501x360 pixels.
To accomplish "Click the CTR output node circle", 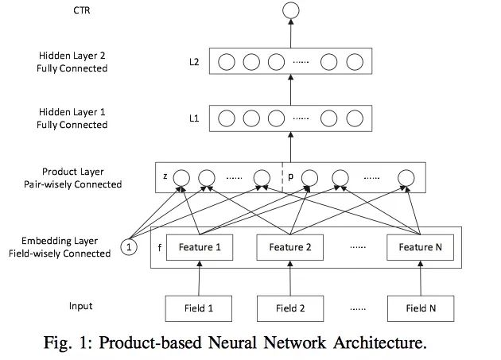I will (290, 11).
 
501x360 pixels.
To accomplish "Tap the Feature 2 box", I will (290, 247).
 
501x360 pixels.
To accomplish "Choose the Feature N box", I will (419, 247).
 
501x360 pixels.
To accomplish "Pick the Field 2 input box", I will (290, 308).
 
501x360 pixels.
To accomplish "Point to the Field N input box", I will (419, 308).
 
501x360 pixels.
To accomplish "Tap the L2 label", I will (193, 61).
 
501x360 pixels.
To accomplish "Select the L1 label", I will (193, 118).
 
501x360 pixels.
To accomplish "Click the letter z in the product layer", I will (165, 177).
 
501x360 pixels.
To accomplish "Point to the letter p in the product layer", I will (290, 177).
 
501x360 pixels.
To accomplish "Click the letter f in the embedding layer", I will (160, 247).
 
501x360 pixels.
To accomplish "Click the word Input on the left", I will (80, 306).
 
